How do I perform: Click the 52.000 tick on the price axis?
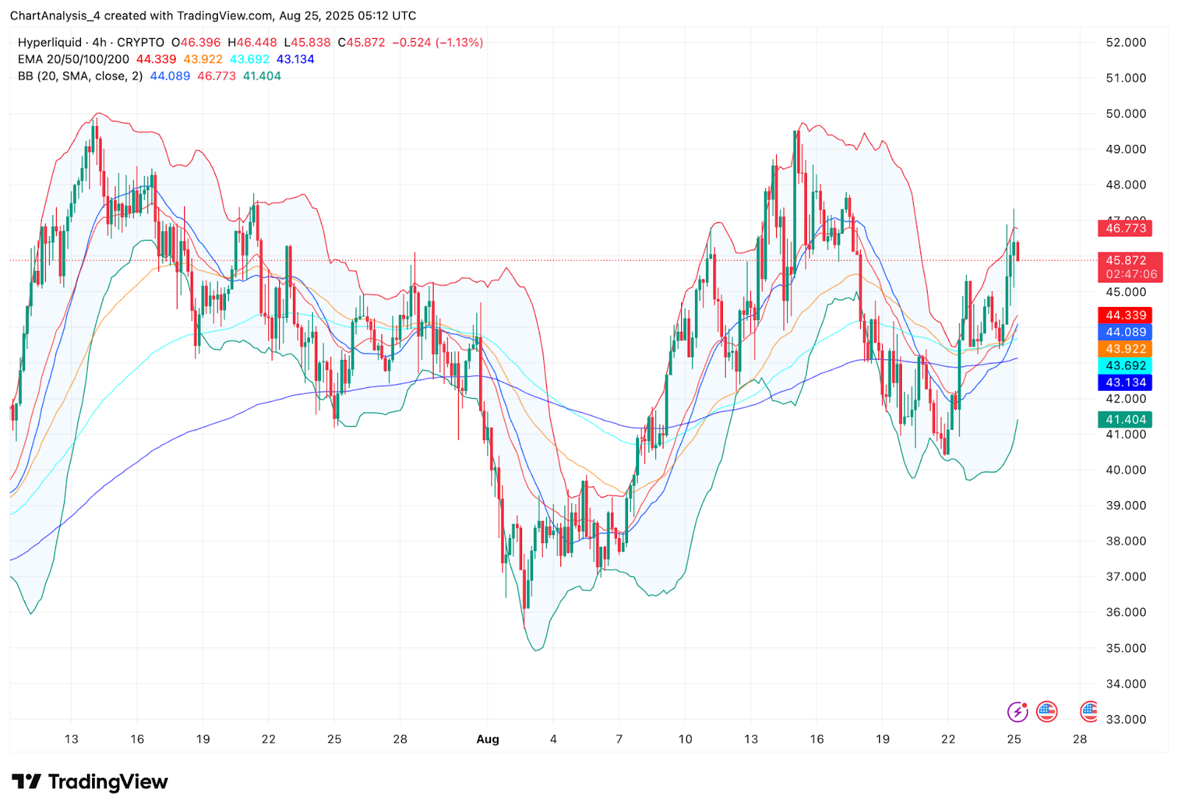click(1126, 43)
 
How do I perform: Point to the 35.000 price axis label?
click(1126, 648)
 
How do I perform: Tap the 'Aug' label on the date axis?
click(487, 739)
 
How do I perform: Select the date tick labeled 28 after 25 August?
click(1079, 739)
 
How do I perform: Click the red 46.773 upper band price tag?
click(1126, 228)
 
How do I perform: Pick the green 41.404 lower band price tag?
click(1126, 419)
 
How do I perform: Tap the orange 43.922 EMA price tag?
click(1126, 349)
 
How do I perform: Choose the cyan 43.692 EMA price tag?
click(1126, 366)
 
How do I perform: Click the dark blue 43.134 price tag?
click(1126, 383)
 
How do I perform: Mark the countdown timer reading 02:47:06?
click(1131, 275)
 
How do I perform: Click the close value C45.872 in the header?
click(361, 43)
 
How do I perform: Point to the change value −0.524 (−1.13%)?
click(437, 43)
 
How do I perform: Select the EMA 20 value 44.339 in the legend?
click(156, 60)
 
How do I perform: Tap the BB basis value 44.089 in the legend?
click(170, 77)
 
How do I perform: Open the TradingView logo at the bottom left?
click(90, 782)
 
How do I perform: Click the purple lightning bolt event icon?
click(1017, 712)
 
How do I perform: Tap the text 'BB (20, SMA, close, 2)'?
click(80, 77)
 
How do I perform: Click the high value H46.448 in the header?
click(253, 43)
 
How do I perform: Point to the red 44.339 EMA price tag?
click(1126, 315)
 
